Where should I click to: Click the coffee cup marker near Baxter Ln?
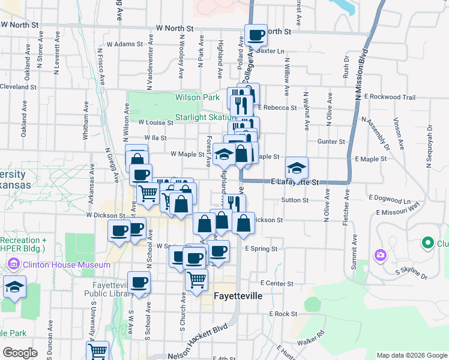point(256,36)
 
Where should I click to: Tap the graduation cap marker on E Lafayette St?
point(297,168)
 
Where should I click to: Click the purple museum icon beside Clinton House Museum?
point(14,263)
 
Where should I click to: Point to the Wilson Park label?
point(197,97)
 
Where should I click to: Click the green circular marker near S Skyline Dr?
point(427,243)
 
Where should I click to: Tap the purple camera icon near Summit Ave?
point(379,256)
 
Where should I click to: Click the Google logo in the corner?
point(19,353)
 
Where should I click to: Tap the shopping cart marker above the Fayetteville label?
point(196,280)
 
